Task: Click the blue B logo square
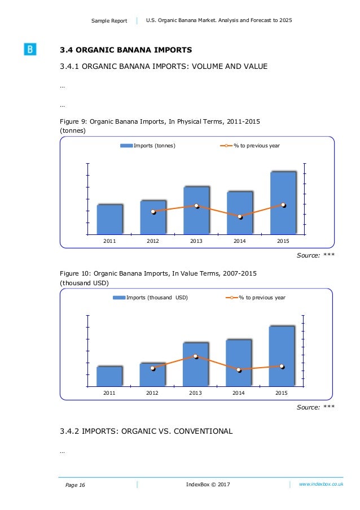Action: (30, 50)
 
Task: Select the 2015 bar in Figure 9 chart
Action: (283, 203)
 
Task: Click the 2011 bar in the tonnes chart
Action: (109, 219)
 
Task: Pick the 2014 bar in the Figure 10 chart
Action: (239, 363)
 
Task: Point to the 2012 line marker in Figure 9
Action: (153, 212)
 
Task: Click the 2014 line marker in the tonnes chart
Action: (240, 216)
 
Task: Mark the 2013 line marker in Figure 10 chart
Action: (195, 356)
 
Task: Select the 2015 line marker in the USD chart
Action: (282, 367)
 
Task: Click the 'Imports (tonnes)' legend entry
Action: (148, 146)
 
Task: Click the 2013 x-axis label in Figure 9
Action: (196, 241)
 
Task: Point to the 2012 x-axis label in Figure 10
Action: (152, 393)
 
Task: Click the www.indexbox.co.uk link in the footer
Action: (321, 485)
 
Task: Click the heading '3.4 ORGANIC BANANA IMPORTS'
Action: (126, 50)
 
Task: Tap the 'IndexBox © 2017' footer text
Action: (208, 485)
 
